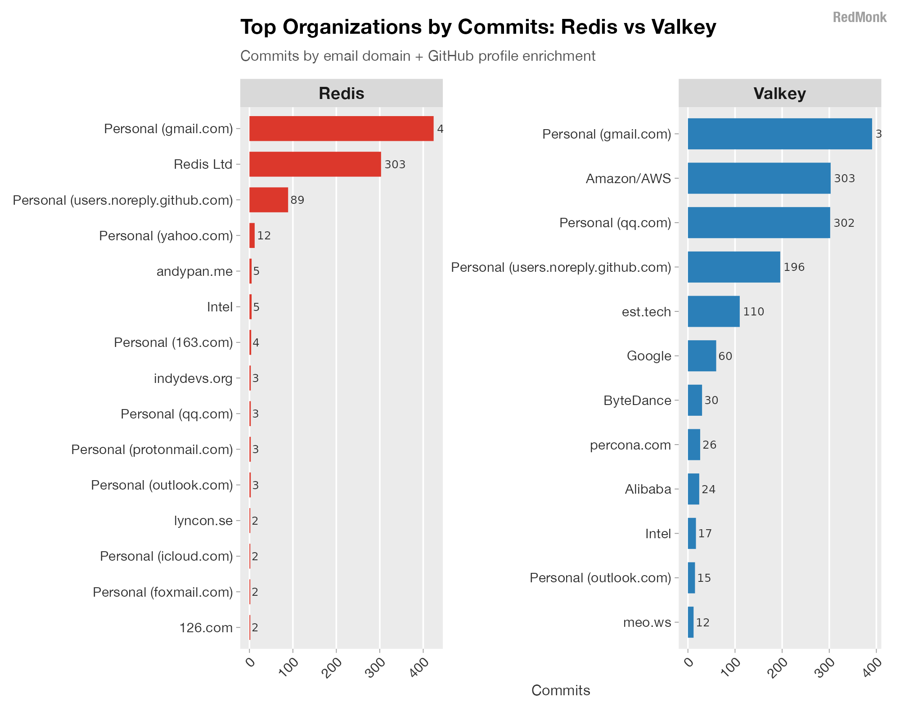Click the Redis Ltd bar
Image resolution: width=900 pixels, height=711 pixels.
click(x=315, y=164)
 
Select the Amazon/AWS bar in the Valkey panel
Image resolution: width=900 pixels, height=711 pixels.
click(x=759, y=178)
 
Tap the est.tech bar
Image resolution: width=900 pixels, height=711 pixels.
click(x=713, y=311)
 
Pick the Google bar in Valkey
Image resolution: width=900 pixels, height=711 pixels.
click(x=702, y=356)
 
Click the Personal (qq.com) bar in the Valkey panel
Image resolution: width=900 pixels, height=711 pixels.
click(x=759, y=223)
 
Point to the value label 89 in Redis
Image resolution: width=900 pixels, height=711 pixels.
click(x=297, y=200)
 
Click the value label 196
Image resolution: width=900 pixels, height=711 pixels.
click(x=794, y=267)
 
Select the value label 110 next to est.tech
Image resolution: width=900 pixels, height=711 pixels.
click(x=754, y=311)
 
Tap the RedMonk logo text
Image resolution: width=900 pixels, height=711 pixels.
click(x=859, y=18)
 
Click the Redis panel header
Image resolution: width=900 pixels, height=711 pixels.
click(x=341, y=93)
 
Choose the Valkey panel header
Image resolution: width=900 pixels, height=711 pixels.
click(x=779, y=93)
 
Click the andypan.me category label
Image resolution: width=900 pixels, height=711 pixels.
click(x=194, y=271)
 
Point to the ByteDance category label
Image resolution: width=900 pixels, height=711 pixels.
click(x=637, y=400)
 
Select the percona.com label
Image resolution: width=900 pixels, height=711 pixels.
click(x=630, y=445)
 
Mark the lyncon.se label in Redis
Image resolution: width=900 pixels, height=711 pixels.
click(x=203, y=521)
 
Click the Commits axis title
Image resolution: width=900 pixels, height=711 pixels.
click(x=561, y=690)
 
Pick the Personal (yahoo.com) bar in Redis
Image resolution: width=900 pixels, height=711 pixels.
click(x=252, y=235)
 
